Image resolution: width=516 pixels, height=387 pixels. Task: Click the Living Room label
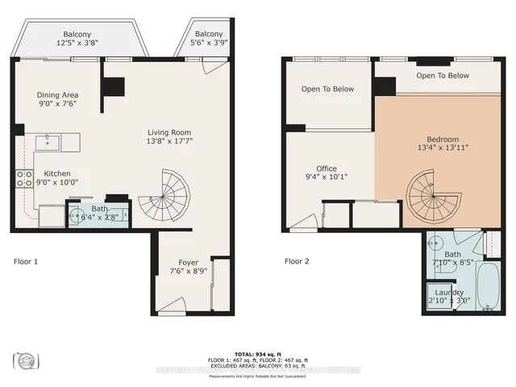169,132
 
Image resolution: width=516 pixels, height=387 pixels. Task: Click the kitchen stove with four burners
23,179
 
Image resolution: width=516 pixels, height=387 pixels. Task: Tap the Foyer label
189,263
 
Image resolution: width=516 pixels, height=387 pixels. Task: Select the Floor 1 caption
26,261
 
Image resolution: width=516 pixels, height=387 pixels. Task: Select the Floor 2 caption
297,261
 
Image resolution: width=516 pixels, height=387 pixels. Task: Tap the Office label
327,169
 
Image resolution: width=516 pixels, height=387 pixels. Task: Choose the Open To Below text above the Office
327,89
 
